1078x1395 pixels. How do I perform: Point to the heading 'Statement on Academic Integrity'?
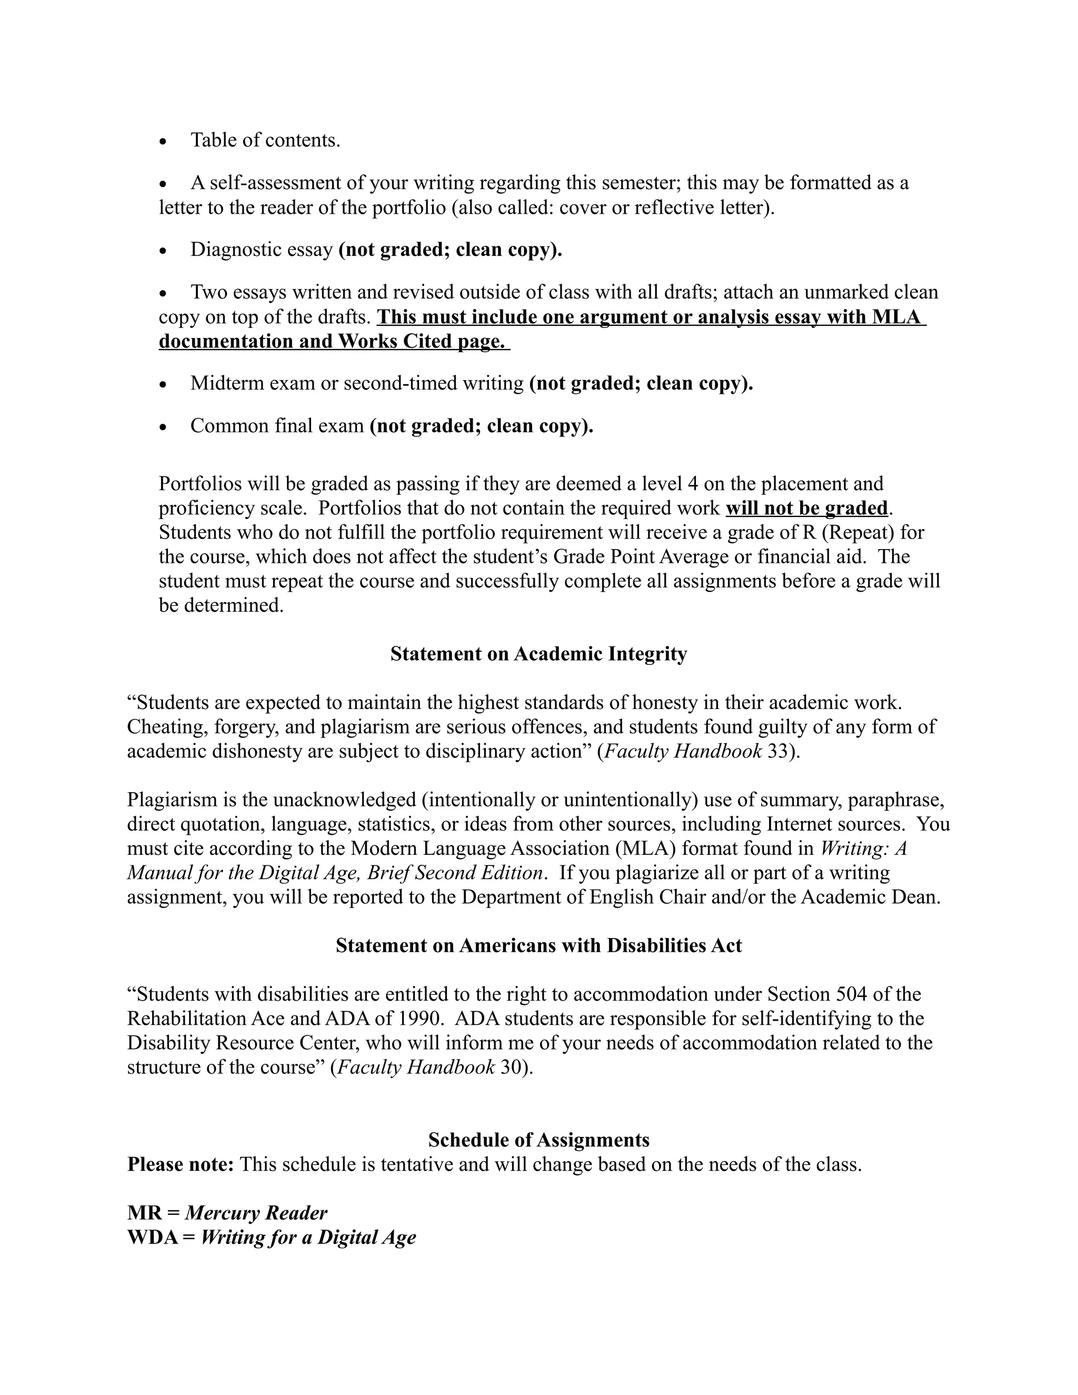tap(538, 654)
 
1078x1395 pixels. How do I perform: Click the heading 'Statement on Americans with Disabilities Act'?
tap(538, 945)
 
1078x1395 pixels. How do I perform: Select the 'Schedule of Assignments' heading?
tap(538, 1140)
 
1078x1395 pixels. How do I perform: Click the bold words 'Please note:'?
tap(181, 1164)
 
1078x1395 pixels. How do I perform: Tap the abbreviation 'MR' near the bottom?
tap(144, 1213)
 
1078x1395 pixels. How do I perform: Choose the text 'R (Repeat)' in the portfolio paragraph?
tap(841, 532)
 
